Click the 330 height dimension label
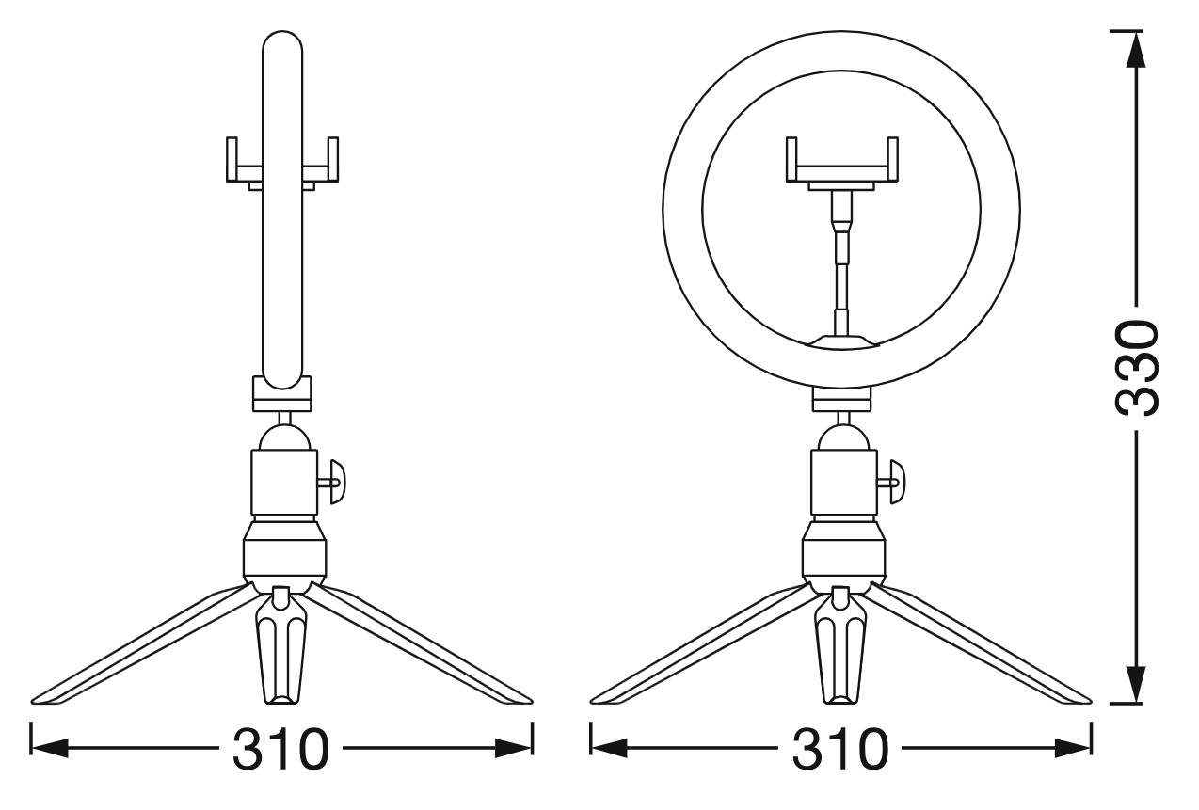point(1137,368)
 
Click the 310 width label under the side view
point(280,749)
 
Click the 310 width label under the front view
point(840,749)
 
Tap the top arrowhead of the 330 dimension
point(1136,49)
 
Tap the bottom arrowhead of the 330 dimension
point(1136,686)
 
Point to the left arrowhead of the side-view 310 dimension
point(50,749)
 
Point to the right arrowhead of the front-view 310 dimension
point(1073,749)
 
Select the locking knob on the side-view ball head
point(333,482)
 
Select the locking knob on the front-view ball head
point(892,482)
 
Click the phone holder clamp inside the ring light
point(842,163)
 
